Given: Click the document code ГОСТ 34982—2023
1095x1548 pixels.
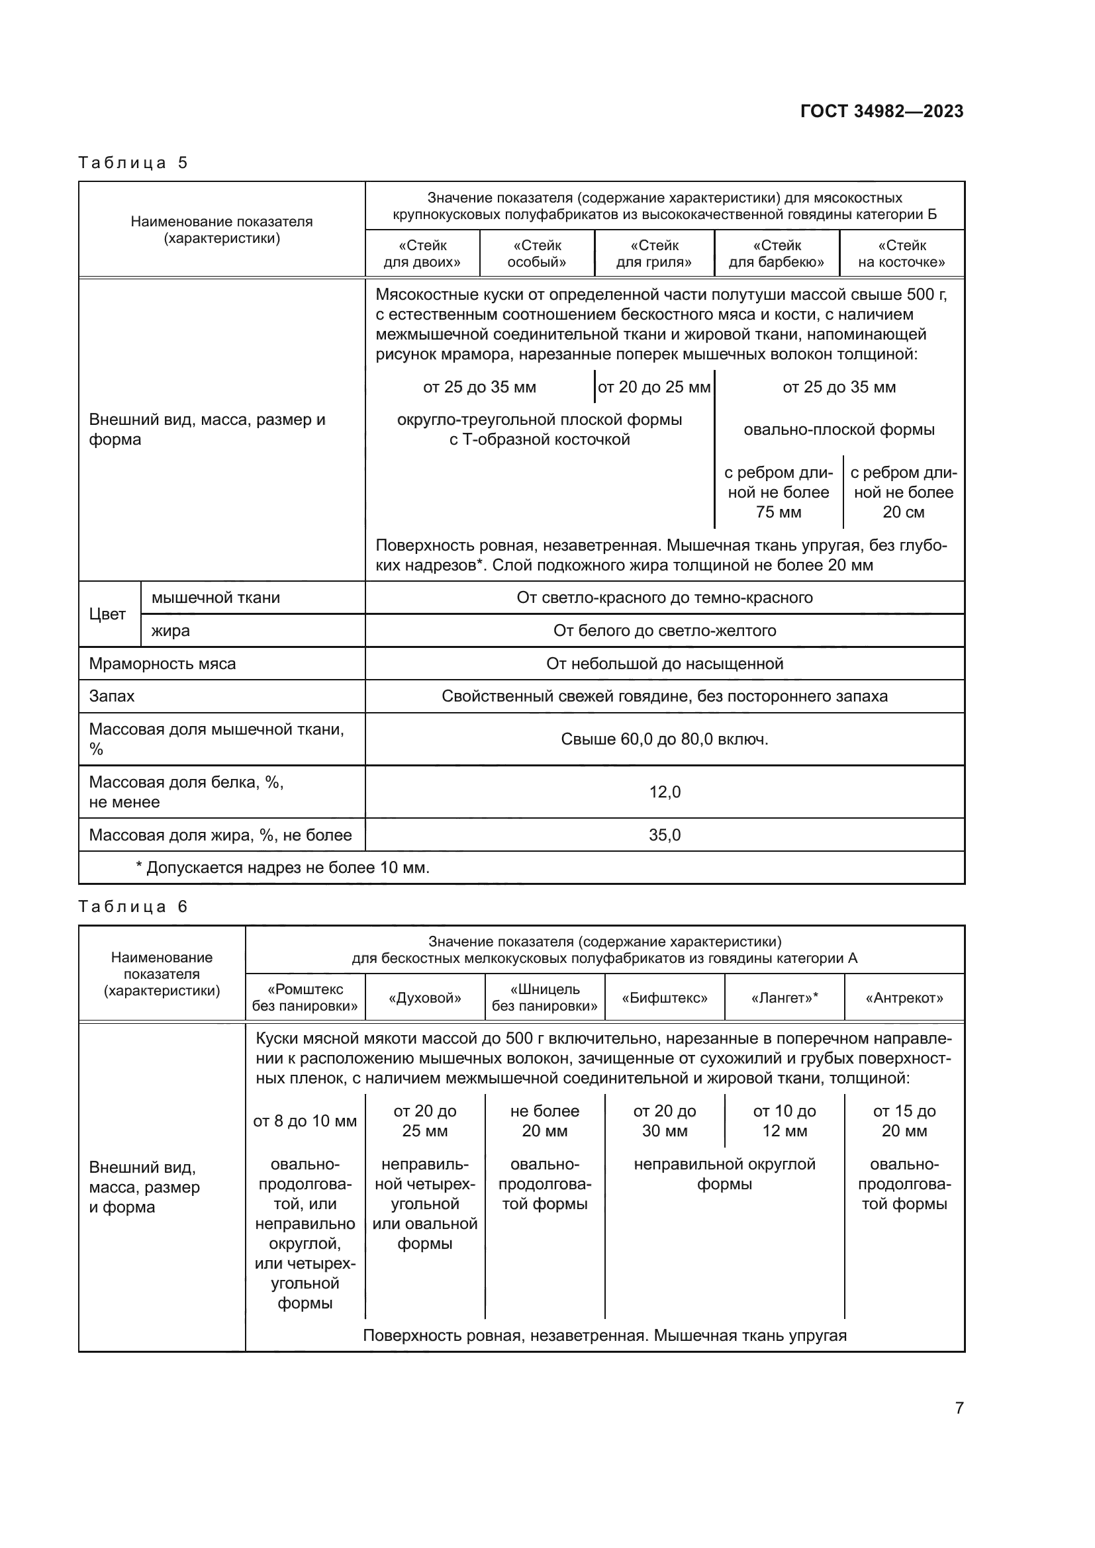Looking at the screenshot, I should tap(881, 111).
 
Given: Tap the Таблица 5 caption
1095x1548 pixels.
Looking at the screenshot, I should tap(133, 163).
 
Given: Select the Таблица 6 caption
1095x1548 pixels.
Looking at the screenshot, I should tap(133, 906).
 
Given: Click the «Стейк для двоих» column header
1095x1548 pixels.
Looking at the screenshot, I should tap(422, 253).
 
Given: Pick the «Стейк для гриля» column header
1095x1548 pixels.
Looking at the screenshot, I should tap(653, 253).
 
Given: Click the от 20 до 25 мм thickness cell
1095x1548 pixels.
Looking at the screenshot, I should tap(653, 387).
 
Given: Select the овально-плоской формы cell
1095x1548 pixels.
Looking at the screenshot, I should tap(839, 430).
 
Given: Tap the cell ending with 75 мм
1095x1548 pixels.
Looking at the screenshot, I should tap(778, 492).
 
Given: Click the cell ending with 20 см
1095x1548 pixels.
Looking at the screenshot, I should tap(903, 492).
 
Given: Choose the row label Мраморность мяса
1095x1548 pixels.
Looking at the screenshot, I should tap(162, 663).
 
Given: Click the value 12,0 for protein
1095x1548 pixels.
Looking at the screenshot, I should tap(664, 792).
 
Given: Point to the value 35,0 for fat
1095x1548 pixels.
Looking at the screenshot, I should tap(664, 835).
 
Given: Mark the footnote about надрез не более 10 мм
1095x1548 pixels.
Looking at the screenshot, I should tap(283, 867).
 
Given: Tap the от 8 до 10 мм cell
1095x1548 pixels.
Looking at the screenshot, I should tap(305, 1120).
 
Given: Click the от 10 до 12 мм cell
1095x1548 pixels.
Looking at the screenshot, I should tap(784, 1120).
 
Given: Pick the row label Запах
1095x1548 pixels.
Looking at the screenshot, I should tap(112, 696).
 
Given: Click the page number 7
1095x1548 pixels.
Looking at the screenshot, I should tap(959, 1407).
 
